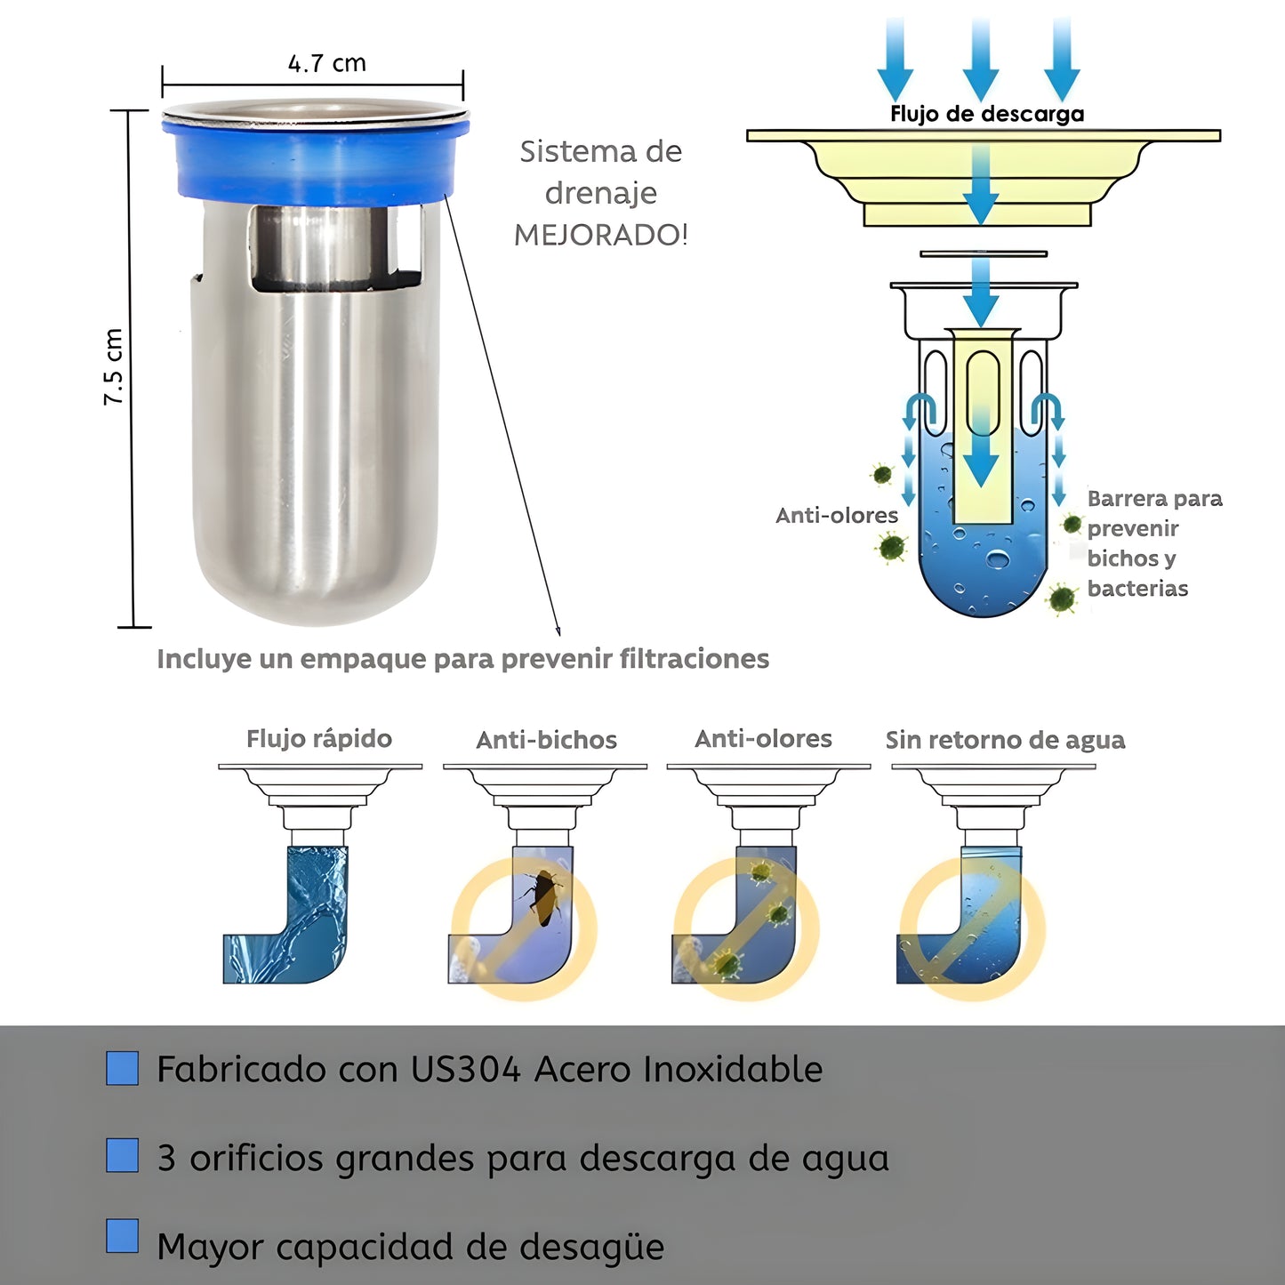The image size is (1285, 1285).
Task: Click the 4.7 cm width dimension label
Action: [326, 64]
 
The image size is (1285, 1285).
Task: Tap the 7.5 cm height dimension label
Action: [114, 367]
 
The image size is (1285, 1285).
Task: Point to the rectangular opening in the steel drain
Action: [336, 248]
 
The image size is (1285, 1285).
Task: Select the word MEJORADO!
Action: [601, 235]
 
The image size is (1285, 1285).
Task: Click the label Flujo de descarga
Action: [987, 114]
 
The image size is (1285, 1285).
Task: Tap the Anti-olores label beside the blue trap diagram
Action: [836, 516]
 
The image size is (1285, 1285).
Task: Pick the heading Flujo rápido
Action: [318, 739]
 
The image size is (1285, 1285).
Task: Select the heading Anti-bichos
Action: [546, 740]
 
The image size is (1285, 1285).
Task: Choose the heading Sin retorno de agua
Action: [1005, 740]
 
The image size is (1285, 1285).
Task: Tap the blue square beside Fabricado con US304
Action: [122, 1068]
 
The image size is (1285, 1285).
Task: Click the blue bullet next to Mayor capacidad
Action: [122, 1236]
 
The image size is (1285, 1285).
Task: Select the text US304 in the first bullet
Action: [465, 1069]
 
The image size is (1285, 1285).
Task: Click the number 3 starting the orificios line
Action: [166, 1159]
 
